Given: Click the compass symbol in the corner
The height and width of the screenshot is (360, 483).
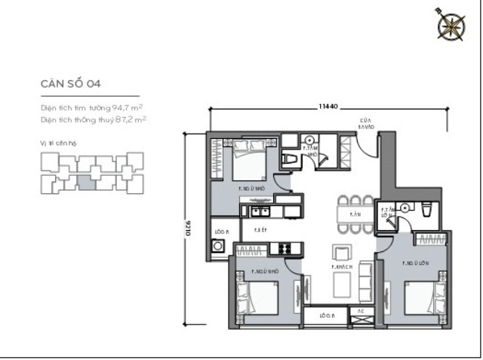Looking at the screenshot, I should [451, 26].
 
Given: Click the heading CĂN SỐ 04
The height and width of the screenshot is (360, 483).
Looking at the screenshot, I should [66, 84].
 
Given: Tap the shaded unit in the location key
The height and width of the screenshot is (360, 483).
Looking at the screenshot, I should [87, 181].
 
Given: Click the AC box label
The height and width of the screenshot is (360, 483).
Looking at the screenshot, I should [360, 309].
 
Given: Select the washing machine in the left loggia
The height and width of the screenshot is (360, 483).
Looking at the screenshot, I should [219, 246].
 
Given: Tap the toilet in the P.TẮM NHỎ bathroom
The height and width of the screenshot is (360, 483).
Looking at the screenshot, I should [292, 158].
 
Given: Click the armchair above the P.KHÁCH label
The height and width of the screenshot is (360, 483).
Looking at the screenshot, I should [341, 251].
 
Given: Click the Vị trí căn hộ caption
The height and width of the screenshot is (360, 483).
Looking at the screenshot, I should [59, 142].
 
